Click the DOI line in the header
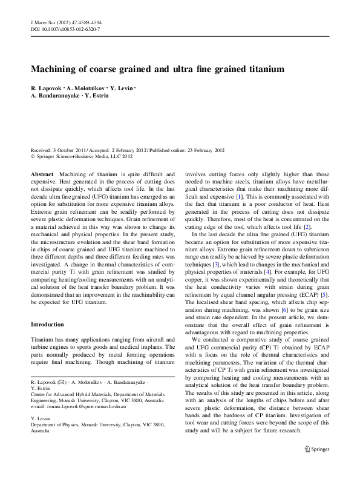coord(65,29)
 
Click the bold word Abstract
coord(42,173)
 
